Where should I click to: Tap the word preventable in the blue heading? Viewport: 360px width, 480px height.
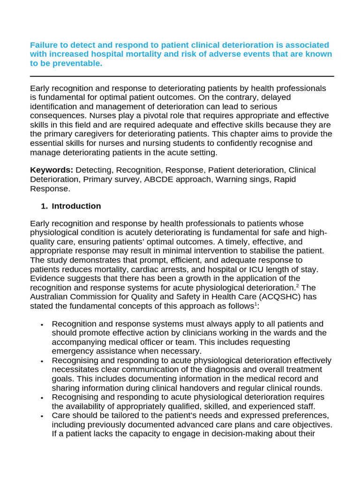tap(79, 63)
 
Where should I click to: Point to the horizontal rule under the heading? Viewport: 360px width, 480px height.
tap(182, 76)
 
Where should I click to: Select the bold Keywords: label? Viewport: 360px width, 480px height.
tap(52, 170)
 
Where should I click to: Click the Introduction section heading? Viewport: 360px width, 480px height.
tap(76, 206)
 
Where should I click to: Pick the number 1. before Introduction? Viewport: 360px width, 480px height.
tap(44, 206)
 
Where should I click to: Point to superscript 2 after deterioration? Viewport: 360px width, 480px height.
tap(297, 285)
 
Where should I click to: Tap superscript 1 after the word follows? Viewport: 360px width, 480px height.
tap(256, 304)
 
